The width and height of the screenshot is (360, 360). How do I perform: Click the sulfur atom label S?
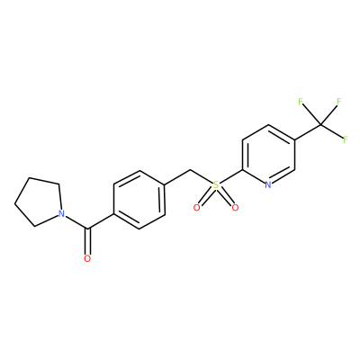click(x=216, y=185)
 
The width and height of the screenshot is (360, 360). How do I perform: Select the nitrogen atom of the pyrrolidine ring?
click(x=61, y=214)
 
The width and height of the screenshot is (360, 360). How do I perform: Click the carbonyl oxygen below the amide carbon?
click(x=87, y=258)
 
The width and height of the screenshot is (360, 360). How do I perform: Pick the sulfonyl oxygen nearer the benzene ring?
click(x=197, y=208)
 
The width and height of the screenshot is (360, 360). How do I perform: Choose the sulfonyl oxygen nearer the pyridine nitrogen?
click(x=235, y=208)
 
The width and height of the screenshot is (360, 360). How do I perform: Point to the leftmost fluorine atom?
click(x=301, y=102)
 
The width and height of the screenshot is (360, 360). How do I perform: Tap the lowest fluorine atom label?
click(x=346, y=139)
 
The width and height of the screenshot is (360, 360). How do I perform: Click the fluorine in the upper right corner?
click(x=339, y=102)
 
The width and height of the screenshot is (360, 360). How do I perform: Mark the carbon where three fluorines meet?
click(x=320, y=124)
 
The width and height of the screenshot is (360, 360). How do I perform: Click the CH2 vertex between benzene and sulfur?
click(x=190, y=170)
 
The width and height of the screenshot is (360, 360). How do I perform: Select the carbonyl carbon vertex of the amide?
click(x=87, y=229)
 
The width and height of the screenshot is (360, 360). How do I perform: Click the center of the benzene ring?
click(x=139, y=200)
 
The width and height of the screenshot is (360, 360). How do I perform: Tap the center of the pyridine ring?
click(x=268, y=155)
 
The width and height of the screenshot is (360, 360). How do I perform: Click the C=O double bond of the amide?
click(x=87, y=242)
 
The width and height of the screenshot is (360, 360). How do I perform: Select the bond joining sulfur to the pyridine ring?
click(x=231, y=177)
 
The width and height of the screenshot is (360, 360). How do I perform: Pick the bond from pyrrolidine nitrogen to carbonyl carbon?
click(x=76, y=222)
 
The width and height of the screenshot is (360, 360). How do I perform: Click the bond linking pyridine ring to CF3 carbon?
click(x=308, y=132)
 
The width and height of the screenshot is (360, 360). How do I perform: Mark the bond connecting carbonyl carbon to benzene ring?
click(x=100, y=222)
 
